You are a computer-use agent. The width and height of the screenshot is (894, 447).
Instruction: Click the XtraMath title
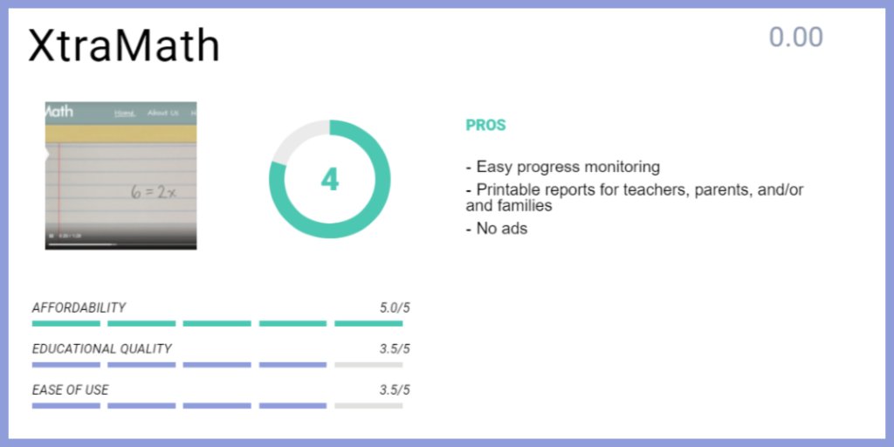tap(123, 45)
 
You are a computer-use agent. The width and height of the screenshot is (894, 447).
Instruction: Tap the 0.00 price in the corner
tap(795, 38)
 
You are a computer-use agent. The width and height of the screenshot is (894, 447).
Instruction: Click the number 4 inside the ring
tap(329, 179)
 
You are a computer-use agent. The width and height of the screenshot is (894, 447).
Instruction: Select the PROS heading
tap(485, 125)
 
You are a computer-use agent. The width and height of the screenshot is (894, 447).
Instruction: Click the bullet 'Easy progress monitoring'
tap(563, 167)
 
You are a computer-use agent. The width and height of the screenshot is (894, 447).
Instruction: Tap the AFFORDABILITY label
tap(79, 307)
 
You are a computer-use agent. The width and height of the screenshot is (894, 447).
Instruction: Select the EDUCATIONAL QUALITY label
tap(101, 348)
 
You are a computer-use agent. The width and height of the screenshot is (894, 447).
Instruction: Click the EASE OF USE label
tap(70, 389)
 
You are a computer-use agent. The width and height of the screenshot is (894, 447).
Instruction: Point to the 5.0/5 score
tap(394, 307)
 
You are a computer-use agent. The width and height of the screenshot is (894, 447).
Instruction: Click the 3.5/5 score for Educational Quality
tap(394, 348)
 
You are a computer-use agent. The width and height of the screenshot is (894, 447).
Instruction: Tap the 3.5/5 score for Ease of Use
tap(394, 389)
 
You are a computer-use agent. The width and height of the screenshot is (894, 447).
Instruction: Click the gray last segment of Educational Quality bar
tap(368, 364)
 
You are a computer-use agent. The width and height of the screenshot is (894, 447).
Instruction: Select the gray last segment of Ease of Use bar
tap(368, 405)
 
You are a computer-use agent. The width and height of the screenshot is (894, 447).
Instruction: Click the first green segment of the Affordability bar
tap(65, 323)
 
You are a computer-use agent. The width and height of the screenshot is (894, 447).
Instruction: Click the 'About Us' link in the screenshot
tap(162, 113)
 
